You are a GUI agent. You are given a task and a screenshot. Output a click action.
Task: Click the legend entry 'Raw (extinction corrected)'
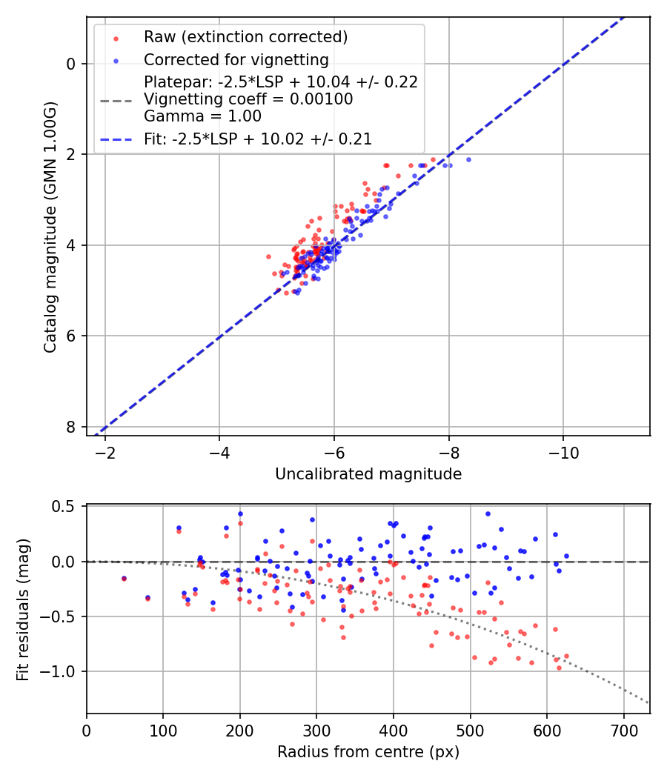click(x=245, y=37)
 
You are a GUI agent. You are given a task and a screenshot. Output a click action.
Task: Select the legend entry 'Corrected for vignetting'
click(x=236, y=59)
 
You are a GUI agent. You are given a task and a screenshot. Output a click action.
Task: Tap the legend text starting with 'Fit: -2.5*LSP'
click(x=258, y=139)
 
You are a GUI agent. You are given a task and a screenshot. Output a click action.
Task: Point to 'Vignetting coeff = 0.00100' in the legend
click(x=248, y=99)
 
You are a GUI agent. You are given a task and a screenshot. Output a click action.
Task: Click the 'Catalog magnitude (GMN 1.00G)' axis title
click(x=50, y=225)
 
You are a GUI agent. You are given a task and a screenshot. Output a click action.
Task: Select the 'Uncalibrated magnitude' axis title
click(x=368, y=474)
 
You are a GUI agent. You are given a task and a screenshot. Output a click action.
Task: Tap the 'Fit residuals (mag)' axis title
click(x=23, y=608)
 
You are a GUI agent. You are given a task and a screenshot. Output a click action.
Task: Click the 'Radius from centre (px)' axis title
click(x=368, y=752)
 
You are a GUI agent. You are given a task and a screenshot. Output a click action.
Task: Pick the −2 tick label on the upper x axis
click(x=104, y=451)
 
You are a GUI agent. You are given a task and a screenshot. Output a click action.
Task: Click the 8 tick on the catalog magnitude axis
click(x=71, y=427)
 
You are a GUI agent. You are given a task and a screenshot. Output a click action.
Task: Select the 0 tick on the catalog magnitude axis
click(x=71, y=64)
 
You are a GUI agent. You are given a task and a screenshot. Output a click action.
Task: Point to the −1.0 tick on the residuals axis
click(x=61, y=671)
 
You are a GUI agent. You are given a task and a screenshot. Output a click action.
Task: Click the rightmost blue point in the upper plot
click(x=468, y=159)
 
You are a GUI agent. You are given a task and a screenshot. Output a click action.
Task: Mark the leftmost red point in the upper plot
click(x=268, y=256)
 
